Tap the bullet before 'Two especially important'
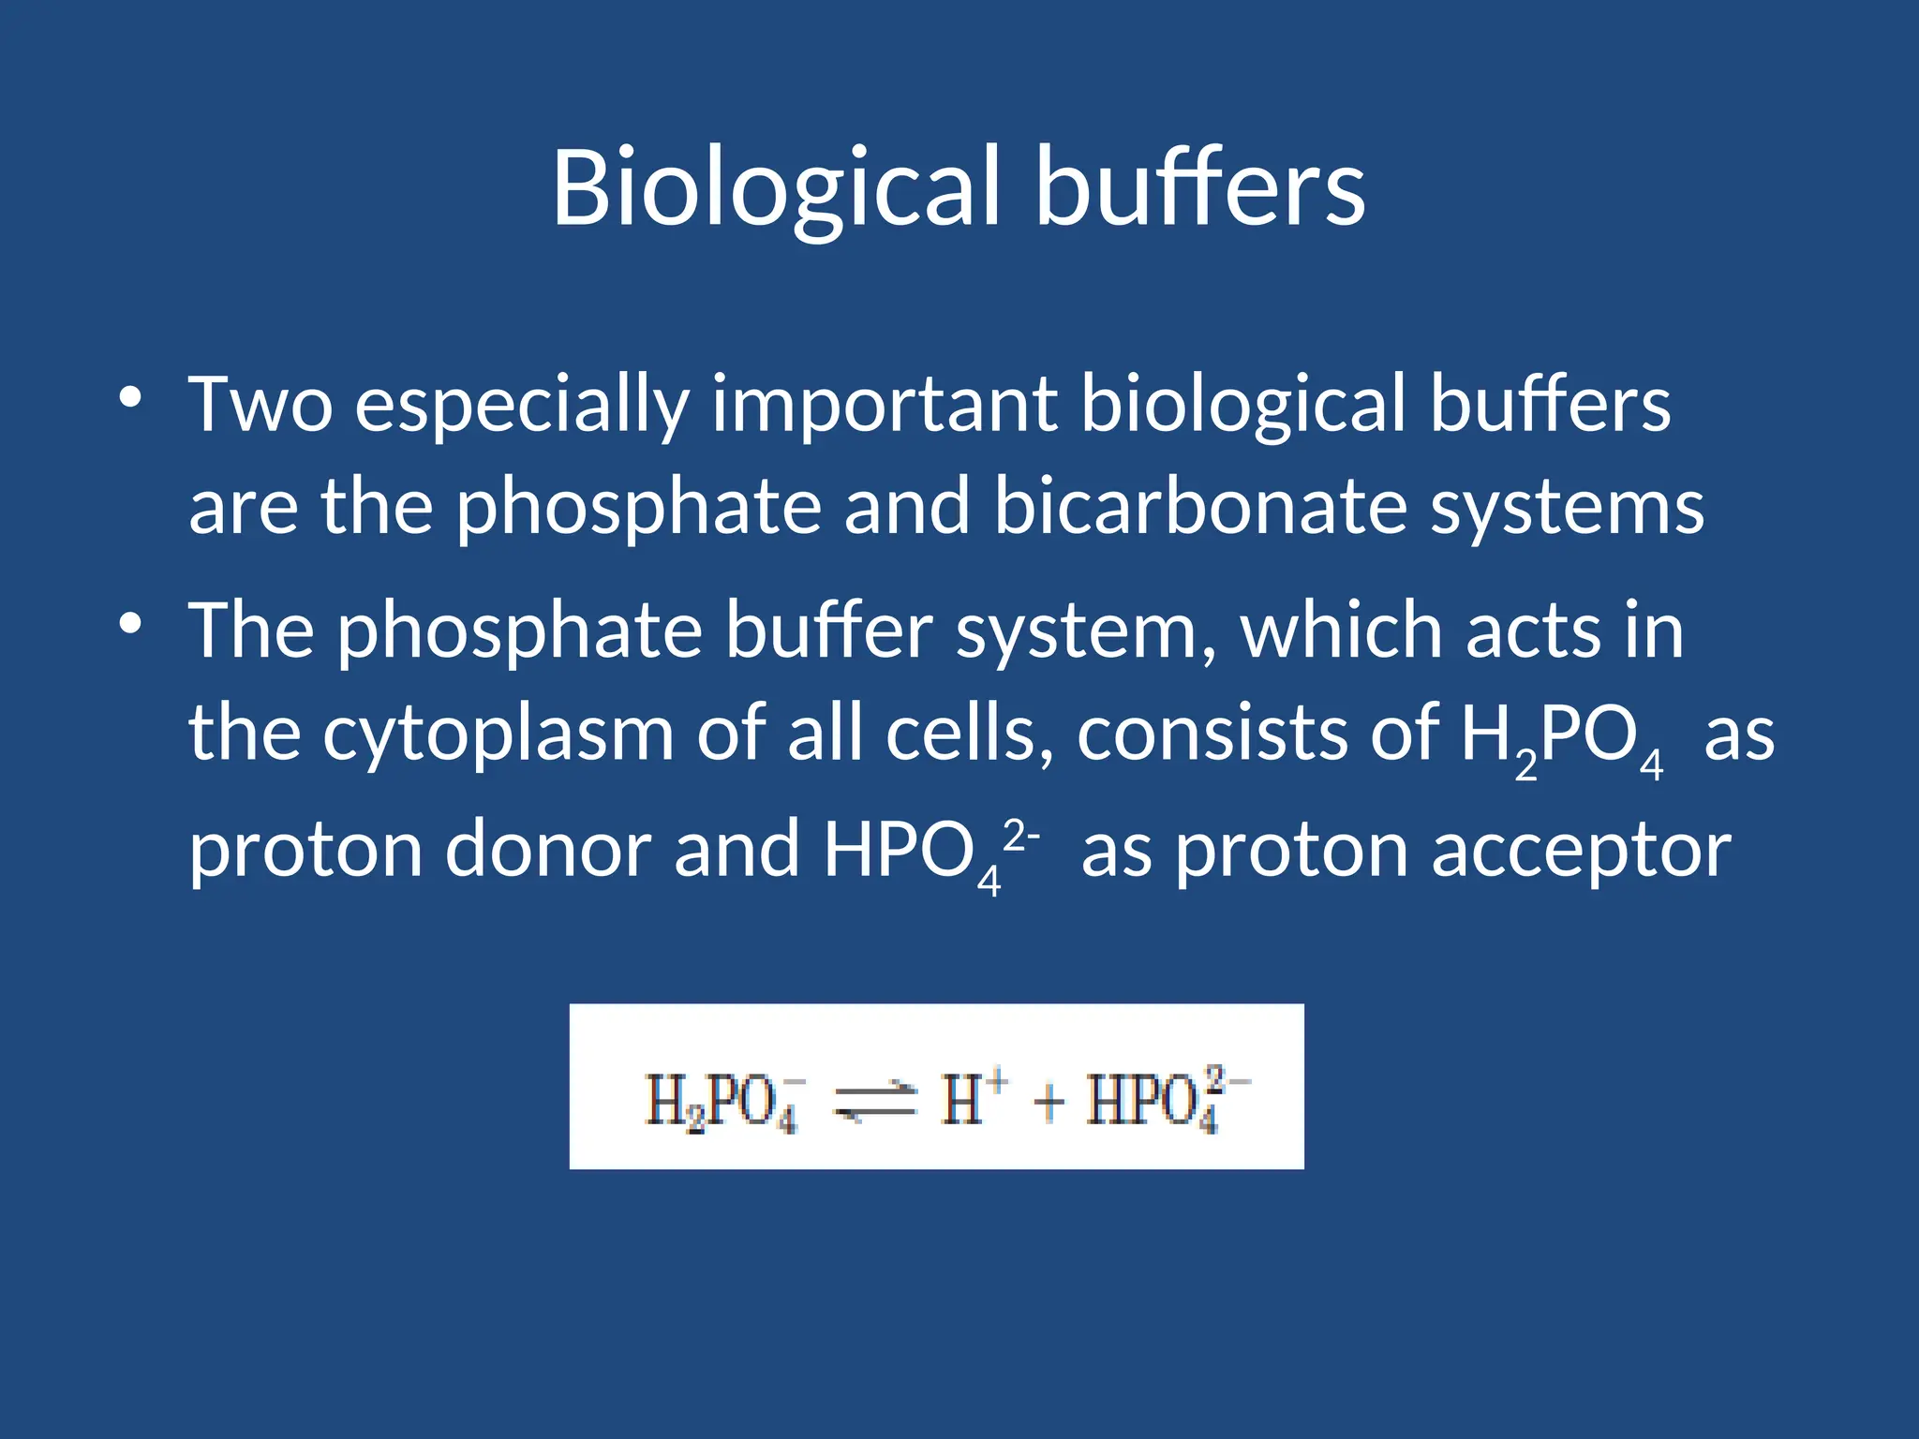pos(130,397)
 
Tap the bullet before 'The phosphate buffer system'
pos(130,623)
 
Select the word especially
pos(522,405)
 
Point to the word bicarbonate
pos(1200,506)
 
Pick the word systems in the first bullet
pos(1567,508)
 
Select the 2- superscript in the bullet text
pos(1020,833)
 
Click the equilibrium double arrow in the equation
pos(874,1100)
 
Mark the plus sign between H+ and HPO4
pos(1049,1101)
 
